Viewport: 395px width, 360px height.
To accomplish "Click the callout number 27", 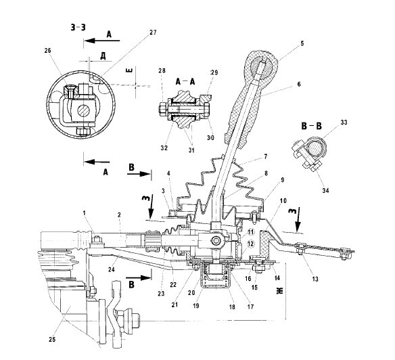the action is tap(153, 32).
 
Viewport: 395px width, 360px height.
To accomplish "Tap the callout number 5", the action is tap(302, 43).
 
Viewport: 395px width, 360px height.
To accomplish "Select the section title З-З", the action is tap(78, 27).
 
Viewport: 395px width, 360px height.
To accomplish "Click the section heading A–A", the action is tap(185, 81).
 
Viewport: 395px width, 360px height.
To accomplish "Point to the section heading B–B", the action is tap(311, 126).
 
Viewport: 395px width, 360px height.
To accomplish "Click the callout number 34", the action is tap(325, 190).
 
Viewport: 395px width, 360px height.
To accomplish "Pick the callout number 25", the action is tap(52, 339).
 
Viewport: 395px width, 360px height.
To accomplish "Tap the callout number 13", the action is tap(315, 279).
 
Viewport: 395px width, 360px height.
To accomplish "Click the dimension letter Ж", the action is tap(280, 290).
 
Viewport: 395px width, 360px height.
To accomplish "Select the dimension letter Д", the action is tap(103, 56).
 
